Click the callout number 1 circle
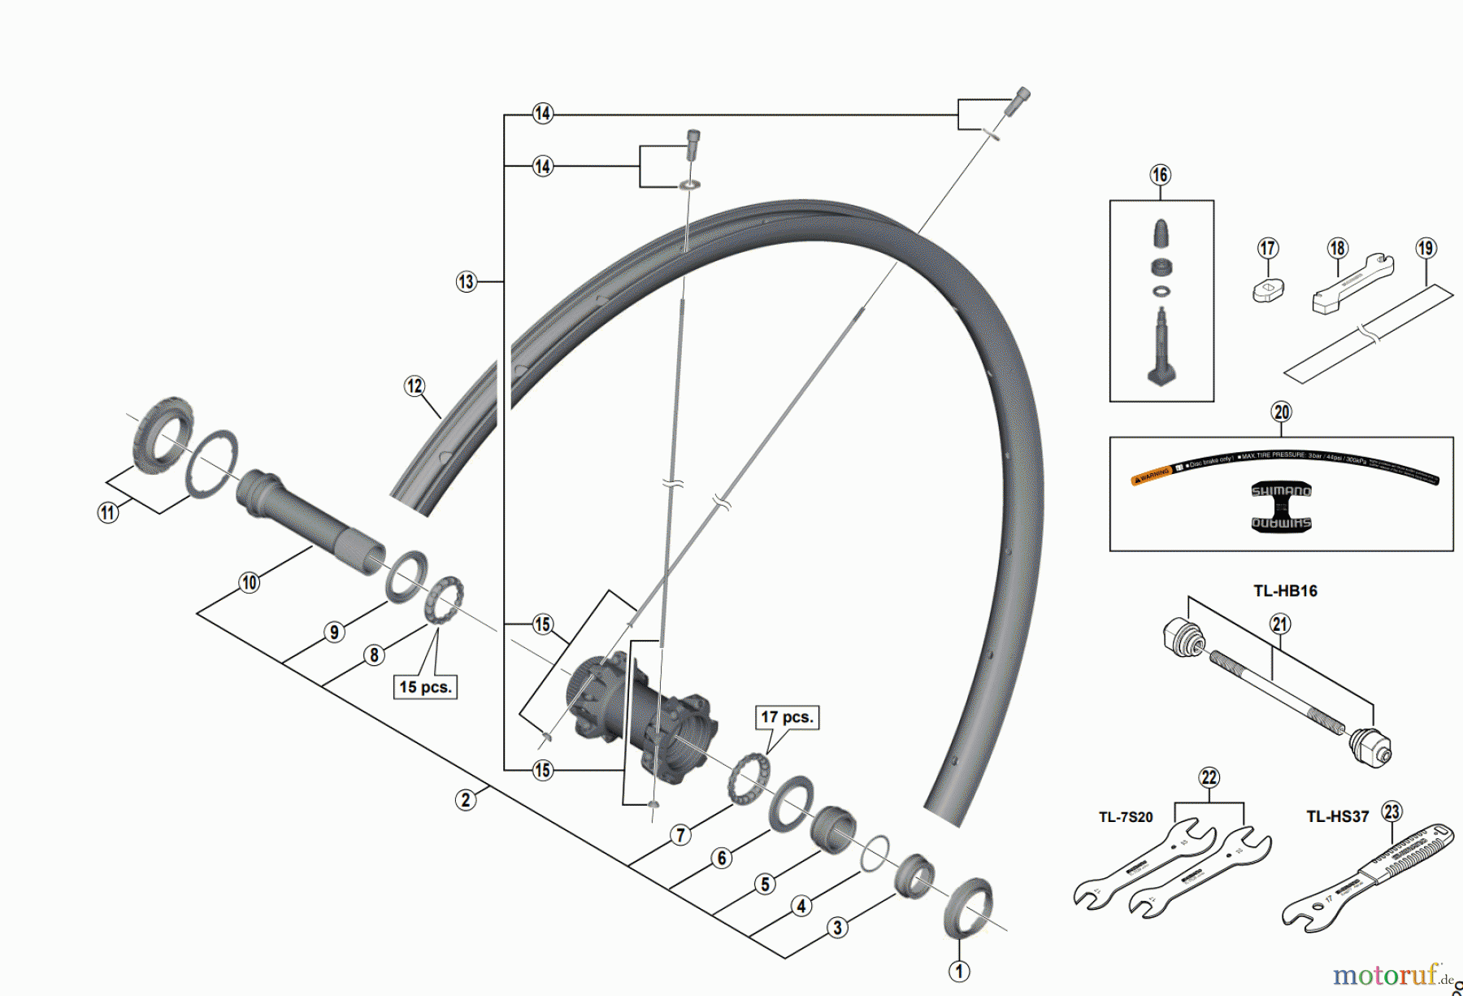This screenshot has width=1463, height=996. coord(959,971)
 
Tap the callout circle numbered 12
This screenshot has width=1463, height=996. coord(415,385)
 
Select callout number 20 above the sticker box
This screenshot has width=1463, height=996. coord(1281,411)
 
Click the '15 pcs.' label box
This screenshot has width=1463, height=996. coord(425,686)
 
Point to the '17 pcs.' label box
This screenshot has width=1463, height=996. coord(786,717)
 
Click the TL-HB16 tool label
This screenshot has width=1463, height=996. coord(1284,591)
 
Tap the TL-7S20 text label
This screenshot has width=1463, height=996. coord(1125,817)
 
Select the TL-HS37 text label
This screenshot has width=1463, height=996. coord(1337,816)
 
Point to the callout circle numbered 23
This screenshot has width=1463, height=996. coord(1392,811)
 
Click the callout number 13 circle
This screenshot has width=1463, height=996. coord(466,281)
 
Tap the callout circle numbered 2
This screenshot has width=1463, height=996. coord(466,799)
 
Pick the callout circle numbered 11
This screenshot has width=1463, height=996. coord(108,512)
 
